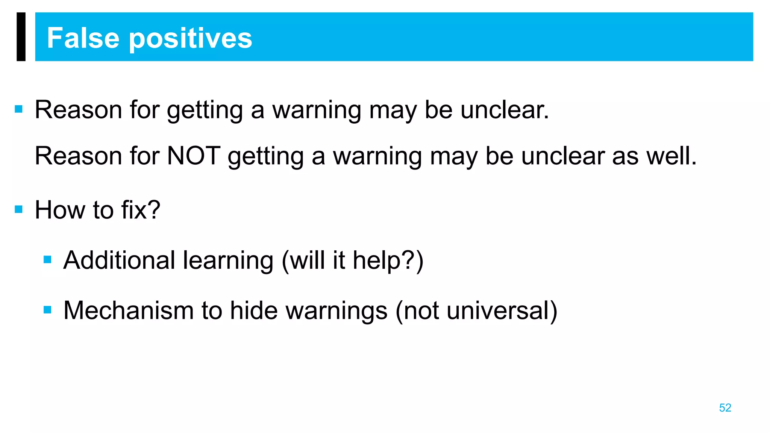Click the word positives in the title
(191, 39)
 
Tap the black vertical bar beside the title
(21, 36)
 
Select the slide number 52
(725, 408)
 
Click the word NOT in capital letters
(193, 156)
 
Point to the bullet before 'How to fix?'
(19, 209)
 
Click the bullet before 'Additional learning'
(47, 259)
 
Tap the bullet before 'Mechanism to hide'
(47, 310)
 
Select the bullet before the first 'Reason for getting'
(19, 109)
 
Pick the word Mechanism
(128, 310)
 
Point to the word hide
(259, 310)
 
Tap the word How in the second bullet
(60, 209)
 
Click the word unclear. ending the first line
(505, 110)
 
